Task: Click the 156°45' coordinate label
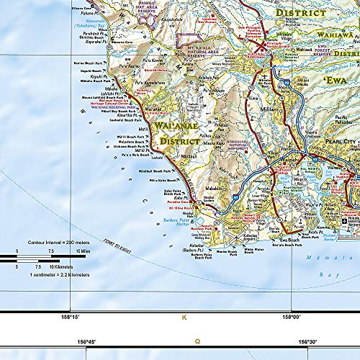tap(86, 341)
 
